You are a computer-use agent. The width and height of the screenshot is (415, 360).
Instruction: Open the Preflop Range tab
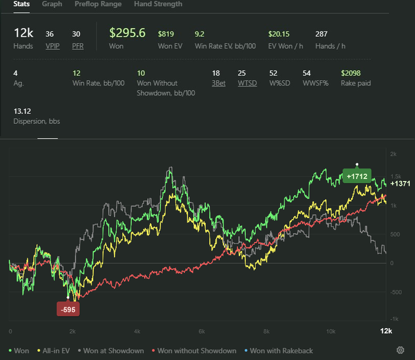pos(98,4)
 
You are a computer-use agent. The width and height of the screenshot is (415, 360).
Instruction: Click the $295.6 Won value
pos(127,33)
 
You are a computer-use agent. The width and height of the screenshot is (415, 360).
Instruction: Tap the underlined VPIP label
pos(53,46)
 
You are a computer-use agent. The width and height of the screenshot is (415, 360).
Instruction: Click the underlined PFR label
pos(78,46)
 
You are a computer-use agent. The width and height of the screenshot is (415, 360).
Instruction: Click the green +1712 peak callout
pos(357,176)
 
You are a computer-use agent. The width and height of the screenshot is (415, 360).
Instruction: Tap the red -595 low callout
pos(68,310)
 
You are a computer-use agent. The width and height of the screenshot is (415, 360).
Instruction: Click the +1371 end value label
pos(400,184)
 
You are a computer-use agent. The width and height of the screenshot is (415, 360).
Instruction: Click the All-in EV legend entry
pos(55,351)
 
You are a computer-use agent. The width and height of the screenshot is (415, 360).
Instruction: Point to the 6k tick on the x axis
pos(202,331)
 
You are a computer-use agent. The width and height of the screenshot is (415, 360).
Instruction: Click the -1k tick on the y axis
pos(393,320)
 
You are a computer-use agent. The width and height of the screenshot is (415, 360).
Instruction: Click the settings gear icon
pos(400,351)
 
